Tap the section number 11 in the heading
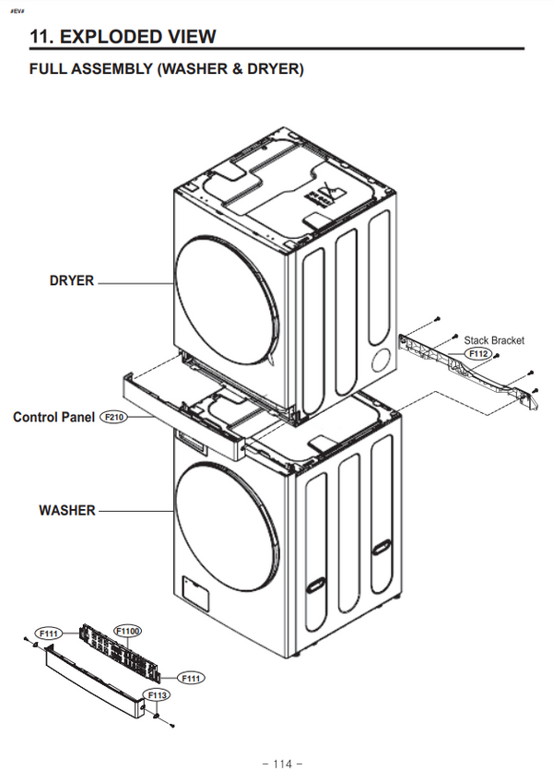40,36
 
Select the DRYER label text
71,280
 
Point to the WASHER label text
66,510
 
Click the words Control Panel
53,417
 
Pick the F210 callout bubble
114,417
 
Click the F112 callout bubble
478,353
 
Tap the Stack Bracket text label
493,340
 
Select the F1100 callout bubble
127,630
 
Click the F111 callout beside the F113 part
191,678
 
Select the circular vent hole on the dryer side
378,358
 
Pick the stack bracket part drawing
465,364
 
